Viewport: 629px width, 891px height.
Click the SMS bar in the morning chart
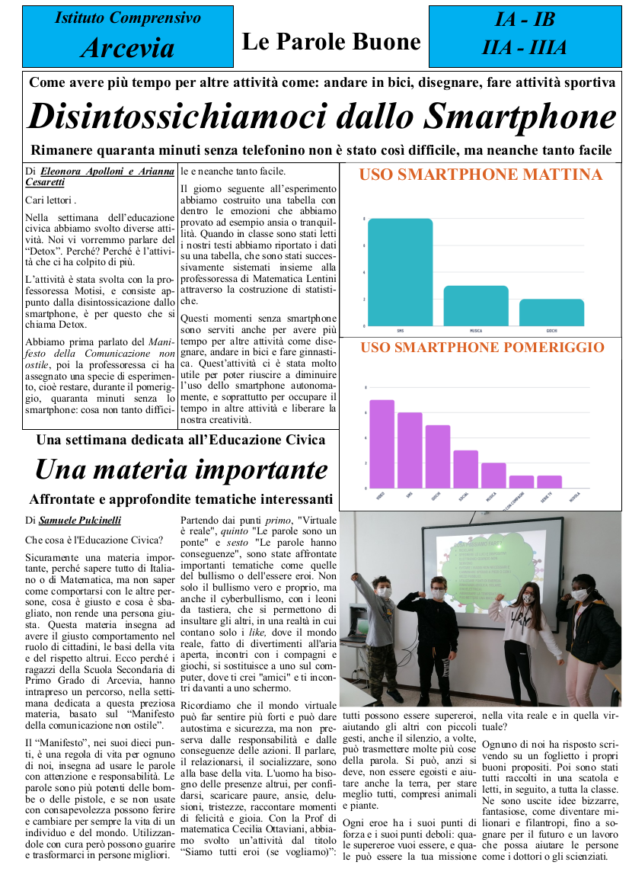tap(400, 272)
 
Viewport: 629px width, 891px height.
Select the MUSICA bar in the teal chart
tap(476, 306)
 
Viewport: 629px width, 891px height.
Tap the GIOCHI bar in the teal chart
tap(551, 312)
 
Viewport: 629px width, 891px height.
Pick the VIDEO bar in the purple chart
tap(382, 444)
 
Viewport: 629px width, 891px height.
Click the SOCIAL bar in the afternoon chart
tap(465, 469)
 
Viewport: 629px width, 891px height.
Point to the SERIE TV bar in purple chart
tap(549, 482)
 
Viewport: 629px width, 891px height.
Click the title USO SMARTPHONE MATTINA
tap(481, 175)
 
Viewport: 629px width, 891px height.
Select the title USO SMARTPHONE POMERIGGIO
tap(482, 348)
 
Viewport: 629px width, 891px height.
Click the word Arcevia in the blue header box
tap(127, 48)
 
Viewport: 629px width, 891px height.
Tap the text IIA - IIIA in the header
tap(524, 48)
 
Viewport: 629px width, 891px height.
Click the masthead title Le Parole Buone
tap(331, 42)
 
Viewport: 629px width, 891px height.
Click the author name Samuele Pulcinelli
tap(79, 521)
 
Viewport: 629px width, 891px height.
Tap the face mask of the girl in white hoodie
tap(528, 598)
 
